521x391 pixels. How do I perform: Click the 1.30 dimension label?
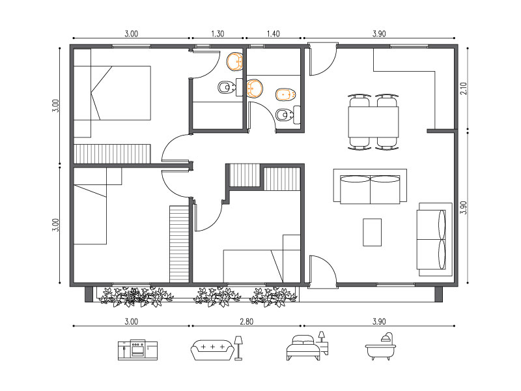click(x=218, y=34)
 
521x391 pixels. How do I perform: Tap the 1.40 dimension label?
click(x=273, y=34)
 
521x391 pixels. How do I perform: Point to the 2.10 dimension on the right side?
click(x=464, y=89)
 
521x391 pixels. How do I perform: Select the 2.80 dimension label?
click(x=247, y=321)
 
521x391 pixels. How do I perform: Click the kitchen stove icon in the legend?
click(x=138, y=349)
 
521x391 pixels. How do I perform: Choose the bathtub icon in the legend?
click(x=380, y=347)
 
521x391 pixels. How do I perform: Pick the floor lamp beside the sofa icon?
click(x=238, y=348)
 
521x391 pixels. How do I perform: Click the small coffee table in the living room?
click(x=372, y=233)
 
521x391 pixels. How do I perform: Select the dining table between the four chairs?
click(x=373, y=122)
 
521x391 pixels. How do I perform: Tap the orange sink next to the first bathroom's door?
click(x=235, y=62)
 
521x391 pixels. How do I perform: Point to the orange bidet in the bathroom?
click(x=286, y=94)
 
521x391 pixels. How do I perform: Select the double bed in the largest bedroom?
click(x=112, y=93)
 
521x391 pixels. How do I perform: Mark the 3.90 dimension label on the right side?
click(x=464, y=208)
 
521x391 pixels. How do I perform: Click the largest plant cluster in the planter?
click(x=136, y=297)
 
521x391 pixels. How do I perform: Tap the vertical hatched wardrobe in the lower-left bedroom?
click(x=180, y=244)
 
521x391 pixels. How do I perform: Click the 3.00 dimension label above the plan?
click(x=132, y=34)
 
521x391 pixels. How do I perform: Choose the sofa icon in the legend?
click(x=213, y=349)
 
